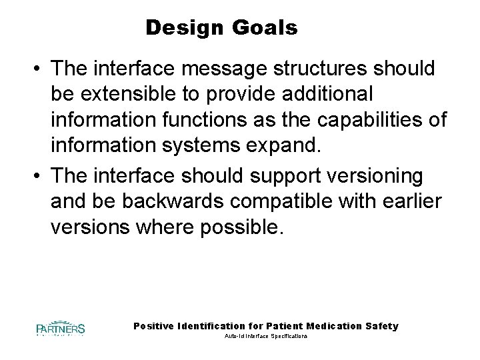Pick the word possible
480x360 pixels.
click(243, 227)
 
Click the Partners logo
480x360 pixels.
click(60, 328)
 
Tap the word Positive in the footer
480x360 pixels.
click(155, 326)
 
